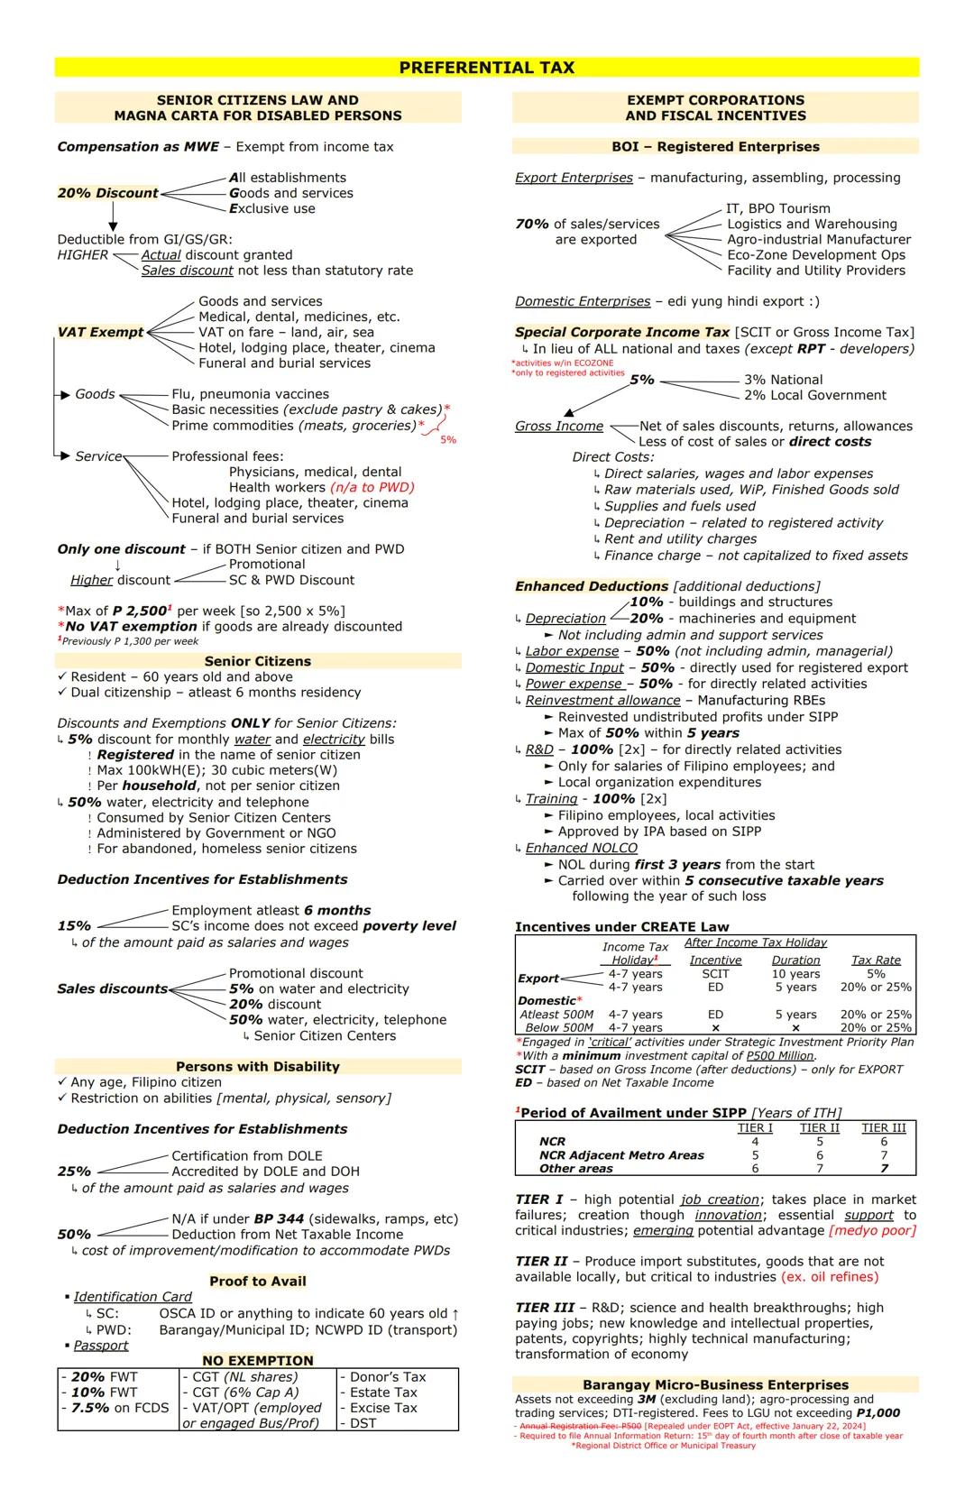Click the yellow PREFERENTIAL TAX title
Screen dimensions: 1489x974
coord(486,68)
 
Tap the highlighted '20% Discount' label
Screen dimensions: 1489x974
coord(107,193)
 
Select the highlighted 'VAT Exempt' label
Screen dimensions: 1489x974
coord(100,332)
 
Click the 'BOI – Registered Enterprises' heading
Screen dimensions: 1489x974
coord(715,146)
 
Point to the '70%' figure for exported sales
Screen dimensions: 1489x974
coord(532,224)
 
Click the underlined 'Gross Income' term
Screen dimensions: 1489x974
coord(559,426)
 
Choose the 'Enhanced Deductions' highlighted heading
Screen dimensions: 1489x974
coord(592,586)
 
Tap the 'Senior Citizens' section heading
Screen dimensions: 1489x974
coord(257,661)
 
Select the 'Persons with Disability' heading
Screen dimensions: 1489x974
coord(257,1066)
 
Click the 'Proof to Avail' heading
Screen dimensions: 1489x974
coord(257,1281)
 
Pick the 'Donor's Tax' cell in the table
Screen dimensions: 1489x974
coord(388,1376)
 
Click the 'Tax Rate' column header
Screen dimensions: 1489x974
coord(876,960)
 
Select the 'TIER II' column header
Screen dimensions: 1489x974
coord(819,1127)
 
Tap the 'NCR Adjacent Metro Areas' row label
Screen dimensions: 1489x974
coord(621,1154)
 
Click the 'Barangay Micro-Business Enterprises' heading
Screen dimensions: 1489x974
coord(715,1384)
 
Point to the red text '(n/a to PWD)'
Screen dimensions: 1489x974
coord(372,487)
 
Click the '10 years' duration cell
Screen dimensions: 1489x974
coord(795,973)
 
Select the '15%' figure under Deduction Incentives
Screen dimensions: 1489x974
coord(74,926)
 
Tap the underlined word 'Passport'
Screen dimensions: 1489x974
coord(101,1345)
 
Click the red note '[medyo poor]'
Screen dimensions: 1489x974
coord(872,1230)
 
